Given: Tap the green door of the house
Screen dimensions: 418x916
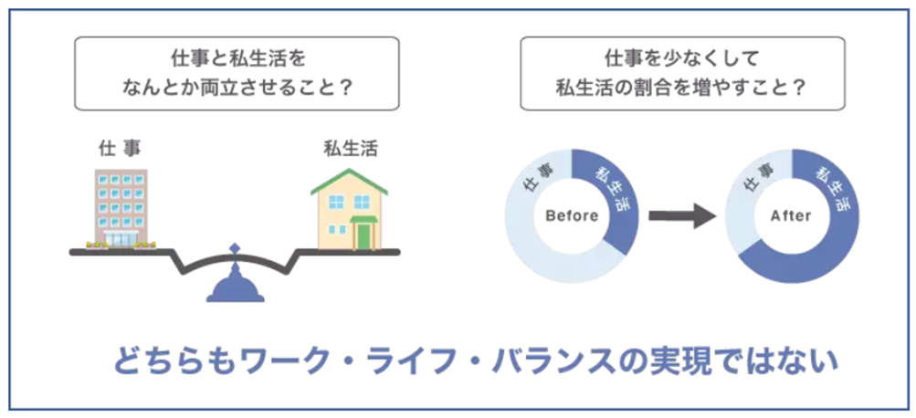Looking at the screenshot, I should point(364,235).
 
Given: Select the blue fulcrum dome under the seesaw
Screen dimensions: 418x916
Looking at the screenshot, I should point(236,285).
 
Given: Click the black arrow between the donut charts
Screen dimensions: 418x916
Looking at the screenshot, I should point(680,216).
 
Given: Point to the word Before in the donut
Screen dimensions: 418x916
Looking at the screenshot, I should point(571,216).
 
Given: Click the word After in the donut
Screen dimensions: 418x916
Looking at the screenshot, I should point(791,216).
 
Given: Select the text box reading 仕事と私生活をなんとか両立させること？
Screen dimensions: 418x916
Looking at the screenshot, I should point(236,73).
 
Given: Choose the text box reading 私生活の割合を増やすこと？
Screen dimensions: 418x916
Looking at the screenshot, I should point(680,73).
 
